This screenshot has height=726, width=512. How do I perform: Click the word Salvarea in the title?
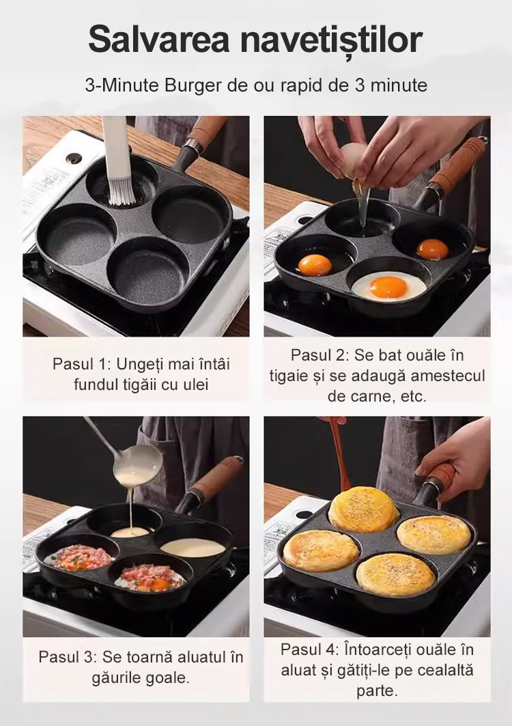pyautogui.click(x=159, y=40)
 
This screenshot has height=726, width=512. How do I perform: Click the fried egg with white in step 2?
pyautogui.click(x=388, y=286)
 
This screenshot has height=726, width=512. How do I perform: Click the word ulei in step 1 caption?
pyautogui.click(x=195, y=385)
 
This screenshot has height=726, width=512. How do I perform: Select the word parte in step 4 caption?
pyautogui.click(x=378, y=691)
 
